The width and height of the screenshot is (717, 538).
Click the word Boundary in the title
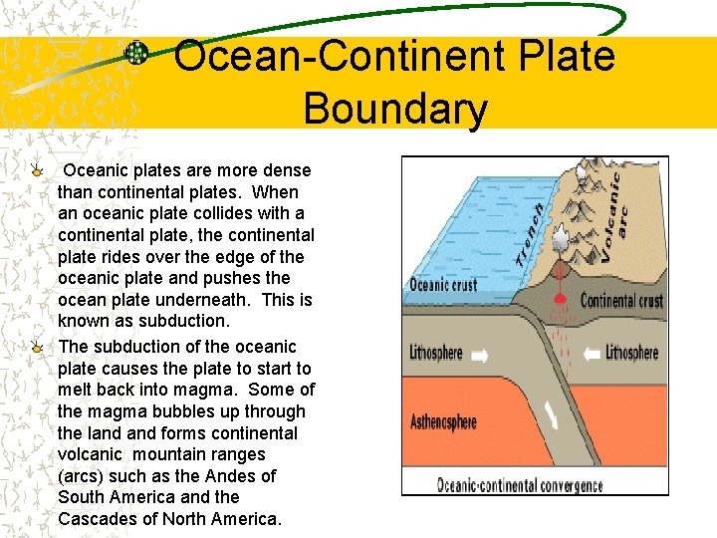click(x=394, y=109)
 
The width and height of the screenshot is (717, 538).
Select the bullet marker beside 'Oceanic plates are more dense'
click(x=37, y=170)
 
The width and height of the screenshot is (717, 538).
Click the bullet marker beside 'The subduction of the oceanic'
click(x=37, y=347)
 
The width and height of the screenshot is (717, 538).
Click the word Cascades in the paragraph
click(x=100, y=519)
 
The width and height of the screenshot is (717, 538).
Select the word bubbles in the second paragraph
click(x=160, y=411)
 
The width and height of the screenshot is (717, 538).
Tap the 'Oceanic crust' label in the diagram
click(x=443, y=284)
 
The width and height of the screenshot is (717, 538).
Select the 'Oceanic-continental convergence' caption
click(x=520, y=485)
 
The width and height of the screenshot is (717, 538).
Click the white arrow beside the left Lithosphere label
click(x=481, y=353)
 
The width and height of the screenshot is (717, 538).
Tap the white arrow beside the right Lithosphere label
click(x=591, y=352)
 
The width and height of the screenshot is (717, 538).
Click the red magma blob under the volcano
click(x=561, y=298)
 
